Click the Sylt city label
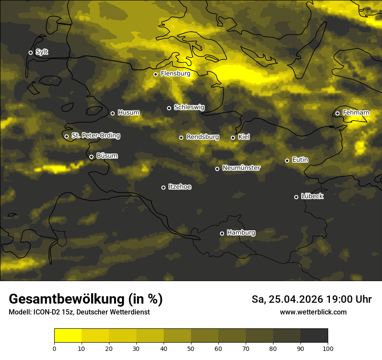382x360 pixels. [42, 52]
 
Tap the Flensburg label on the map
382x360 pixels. [175, 74]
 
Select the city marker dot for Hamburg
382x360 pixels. [222, 233]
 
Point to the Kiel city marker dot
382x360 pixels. [233, 137]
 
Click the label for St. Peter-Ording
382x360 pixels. [95, 136]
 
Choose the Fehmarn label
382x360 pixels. [356, 113]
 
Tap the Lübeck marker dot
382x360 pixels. [296, 197]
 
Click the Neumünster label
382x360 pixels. [241, 168]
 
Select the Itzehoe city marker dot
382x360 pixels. [163, 187]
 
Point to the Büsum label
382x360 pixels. [107, 156]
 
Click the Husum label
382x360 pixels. [128, 113]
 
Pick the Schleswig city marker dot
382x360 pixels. [169, 108]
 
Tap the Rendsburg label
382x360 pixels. [203, 137]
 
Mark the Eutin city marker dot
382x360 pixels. [287, 160]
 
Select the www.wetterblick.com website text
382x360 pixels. [313, 312]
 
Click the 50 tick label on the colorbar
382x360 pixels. [191, 348]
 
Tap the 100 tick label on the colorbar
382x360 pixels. [328, 348]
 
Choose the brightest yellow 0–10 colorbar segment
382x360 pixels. [68, 336]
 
